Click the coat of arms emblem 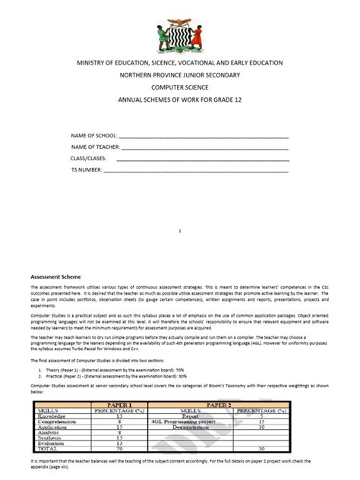pyautogui.click(x=181, y=31)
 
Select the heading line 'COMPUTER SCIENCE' pyautogui.click(x=180, y=87)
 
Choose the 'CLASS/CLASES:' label pyautogui.click(x=89, y=158)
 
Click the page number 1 pyautogui.click(x=180, y=229)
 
